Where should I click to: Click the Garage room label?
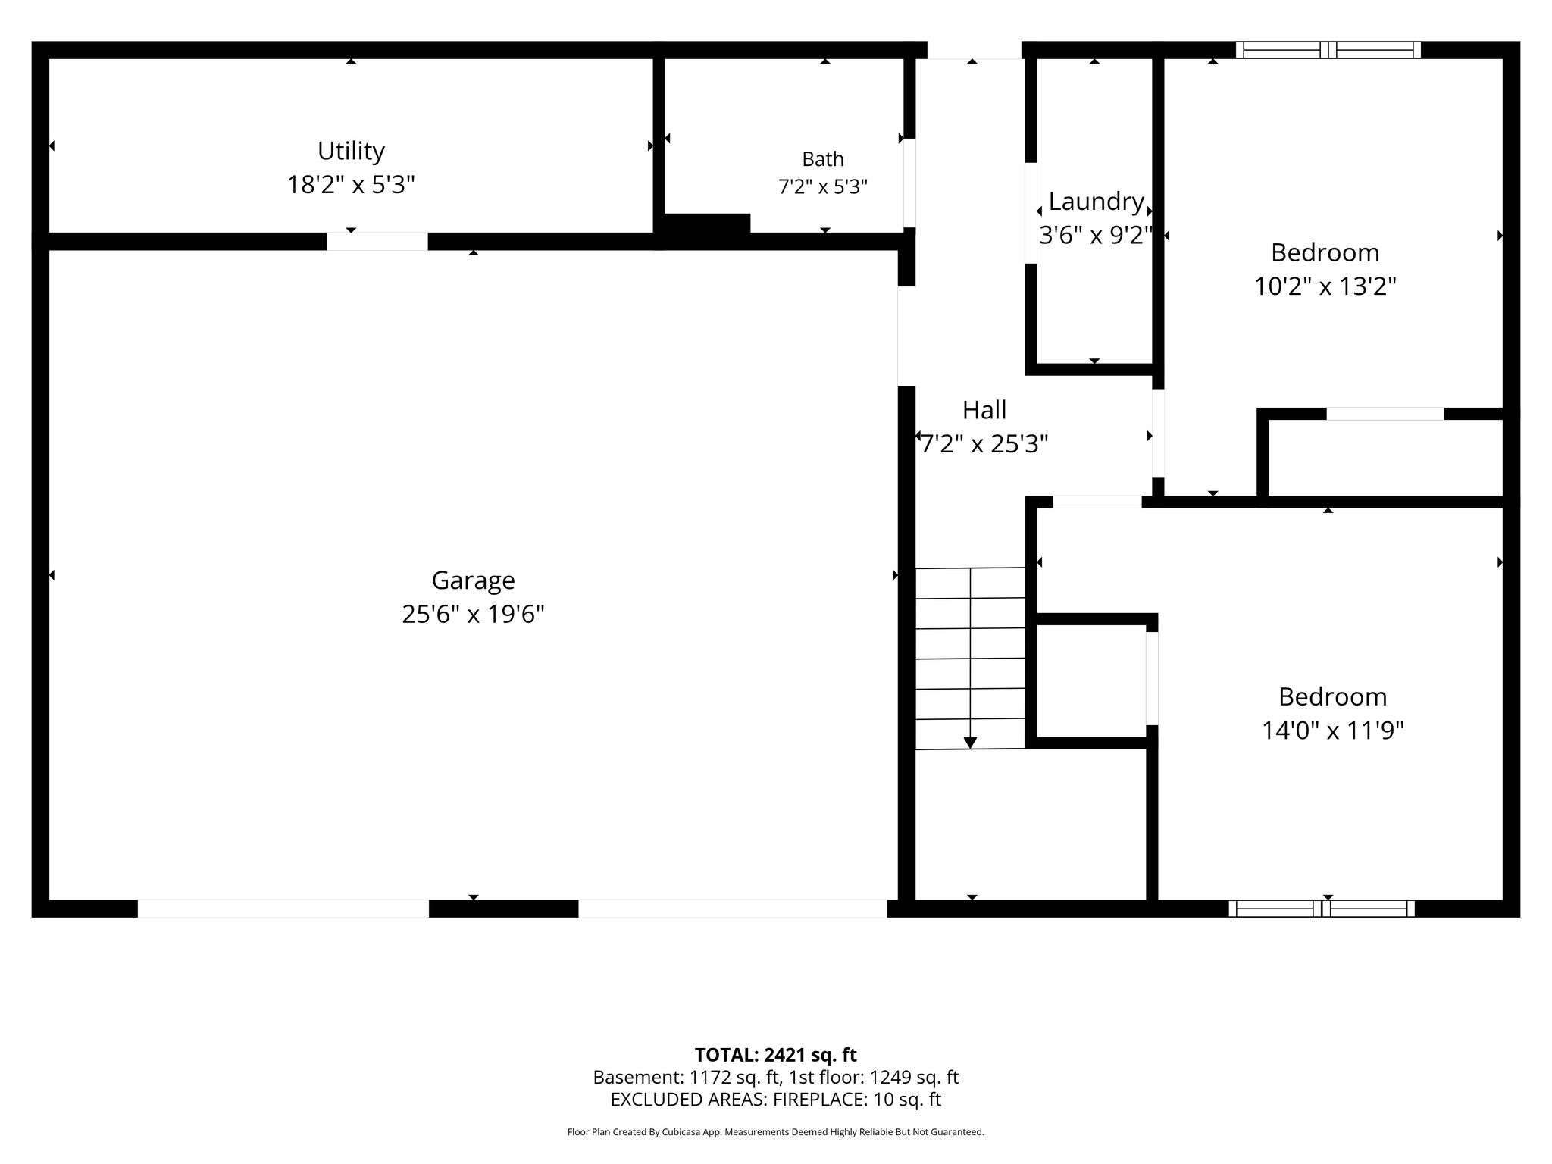473,580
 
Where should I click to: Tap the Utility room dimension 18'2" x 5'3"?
351,184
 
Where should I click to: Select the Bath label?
823,159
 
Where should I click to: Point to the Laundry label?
1096,202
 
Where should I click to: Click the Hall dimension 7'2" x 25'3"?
984,443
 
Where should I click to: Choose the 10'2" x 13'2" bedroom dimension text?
1325,286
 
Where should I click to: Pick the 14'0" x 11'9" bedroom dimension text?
1333,731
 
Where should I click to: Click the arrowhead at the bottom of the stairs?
970,743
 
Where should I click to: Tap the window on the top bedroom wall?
1328,50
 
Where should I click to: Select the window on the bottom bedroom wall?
1322,909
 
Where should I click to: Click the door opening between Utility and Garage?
377,242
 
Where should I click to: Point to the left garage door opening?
283,909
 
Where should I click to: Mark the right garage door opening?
733,909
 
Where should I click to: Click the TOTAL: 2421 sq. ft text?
775,1055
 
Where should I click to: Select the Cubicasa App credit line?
775,1132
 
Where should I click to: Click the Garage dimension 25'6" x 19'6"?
473,614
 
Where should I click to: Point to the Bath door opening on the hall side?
909,183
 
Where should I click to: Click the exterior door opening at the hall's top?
975,50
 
